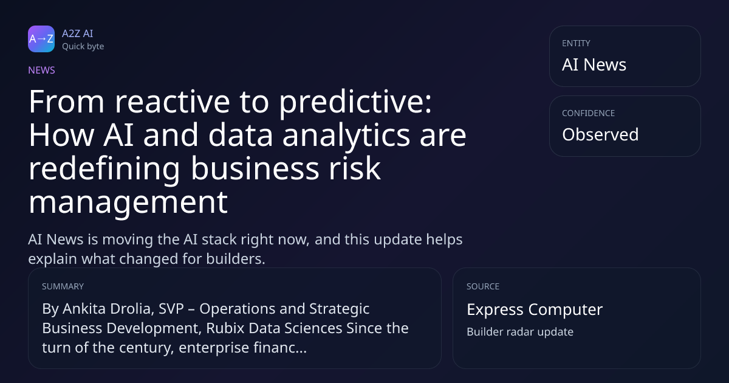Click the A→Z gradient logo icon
tap(41, 39)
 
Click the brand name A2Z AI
tap(78, 33)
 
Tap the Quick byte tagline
tap(83, 47)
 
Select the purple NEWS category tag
tap(42, 70)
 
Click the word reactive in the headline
tap(173, 102)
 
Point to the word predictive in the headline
tap(355, 102)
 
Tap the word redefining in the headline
tap(104, 170)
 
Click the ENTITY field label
tap(576, 43)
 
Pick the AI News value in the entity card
tap(594, 64)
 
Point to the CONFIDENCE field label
tap(589, 113)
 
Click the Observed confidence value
tap(600, 134)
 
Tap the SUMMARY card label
tap(63, 286)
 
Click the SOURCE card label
tap(483, 286)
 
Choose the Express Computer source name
tap(535, 309)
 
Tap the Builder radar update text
tap(520, 332)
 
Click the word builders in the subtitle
tap(236, 259)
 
